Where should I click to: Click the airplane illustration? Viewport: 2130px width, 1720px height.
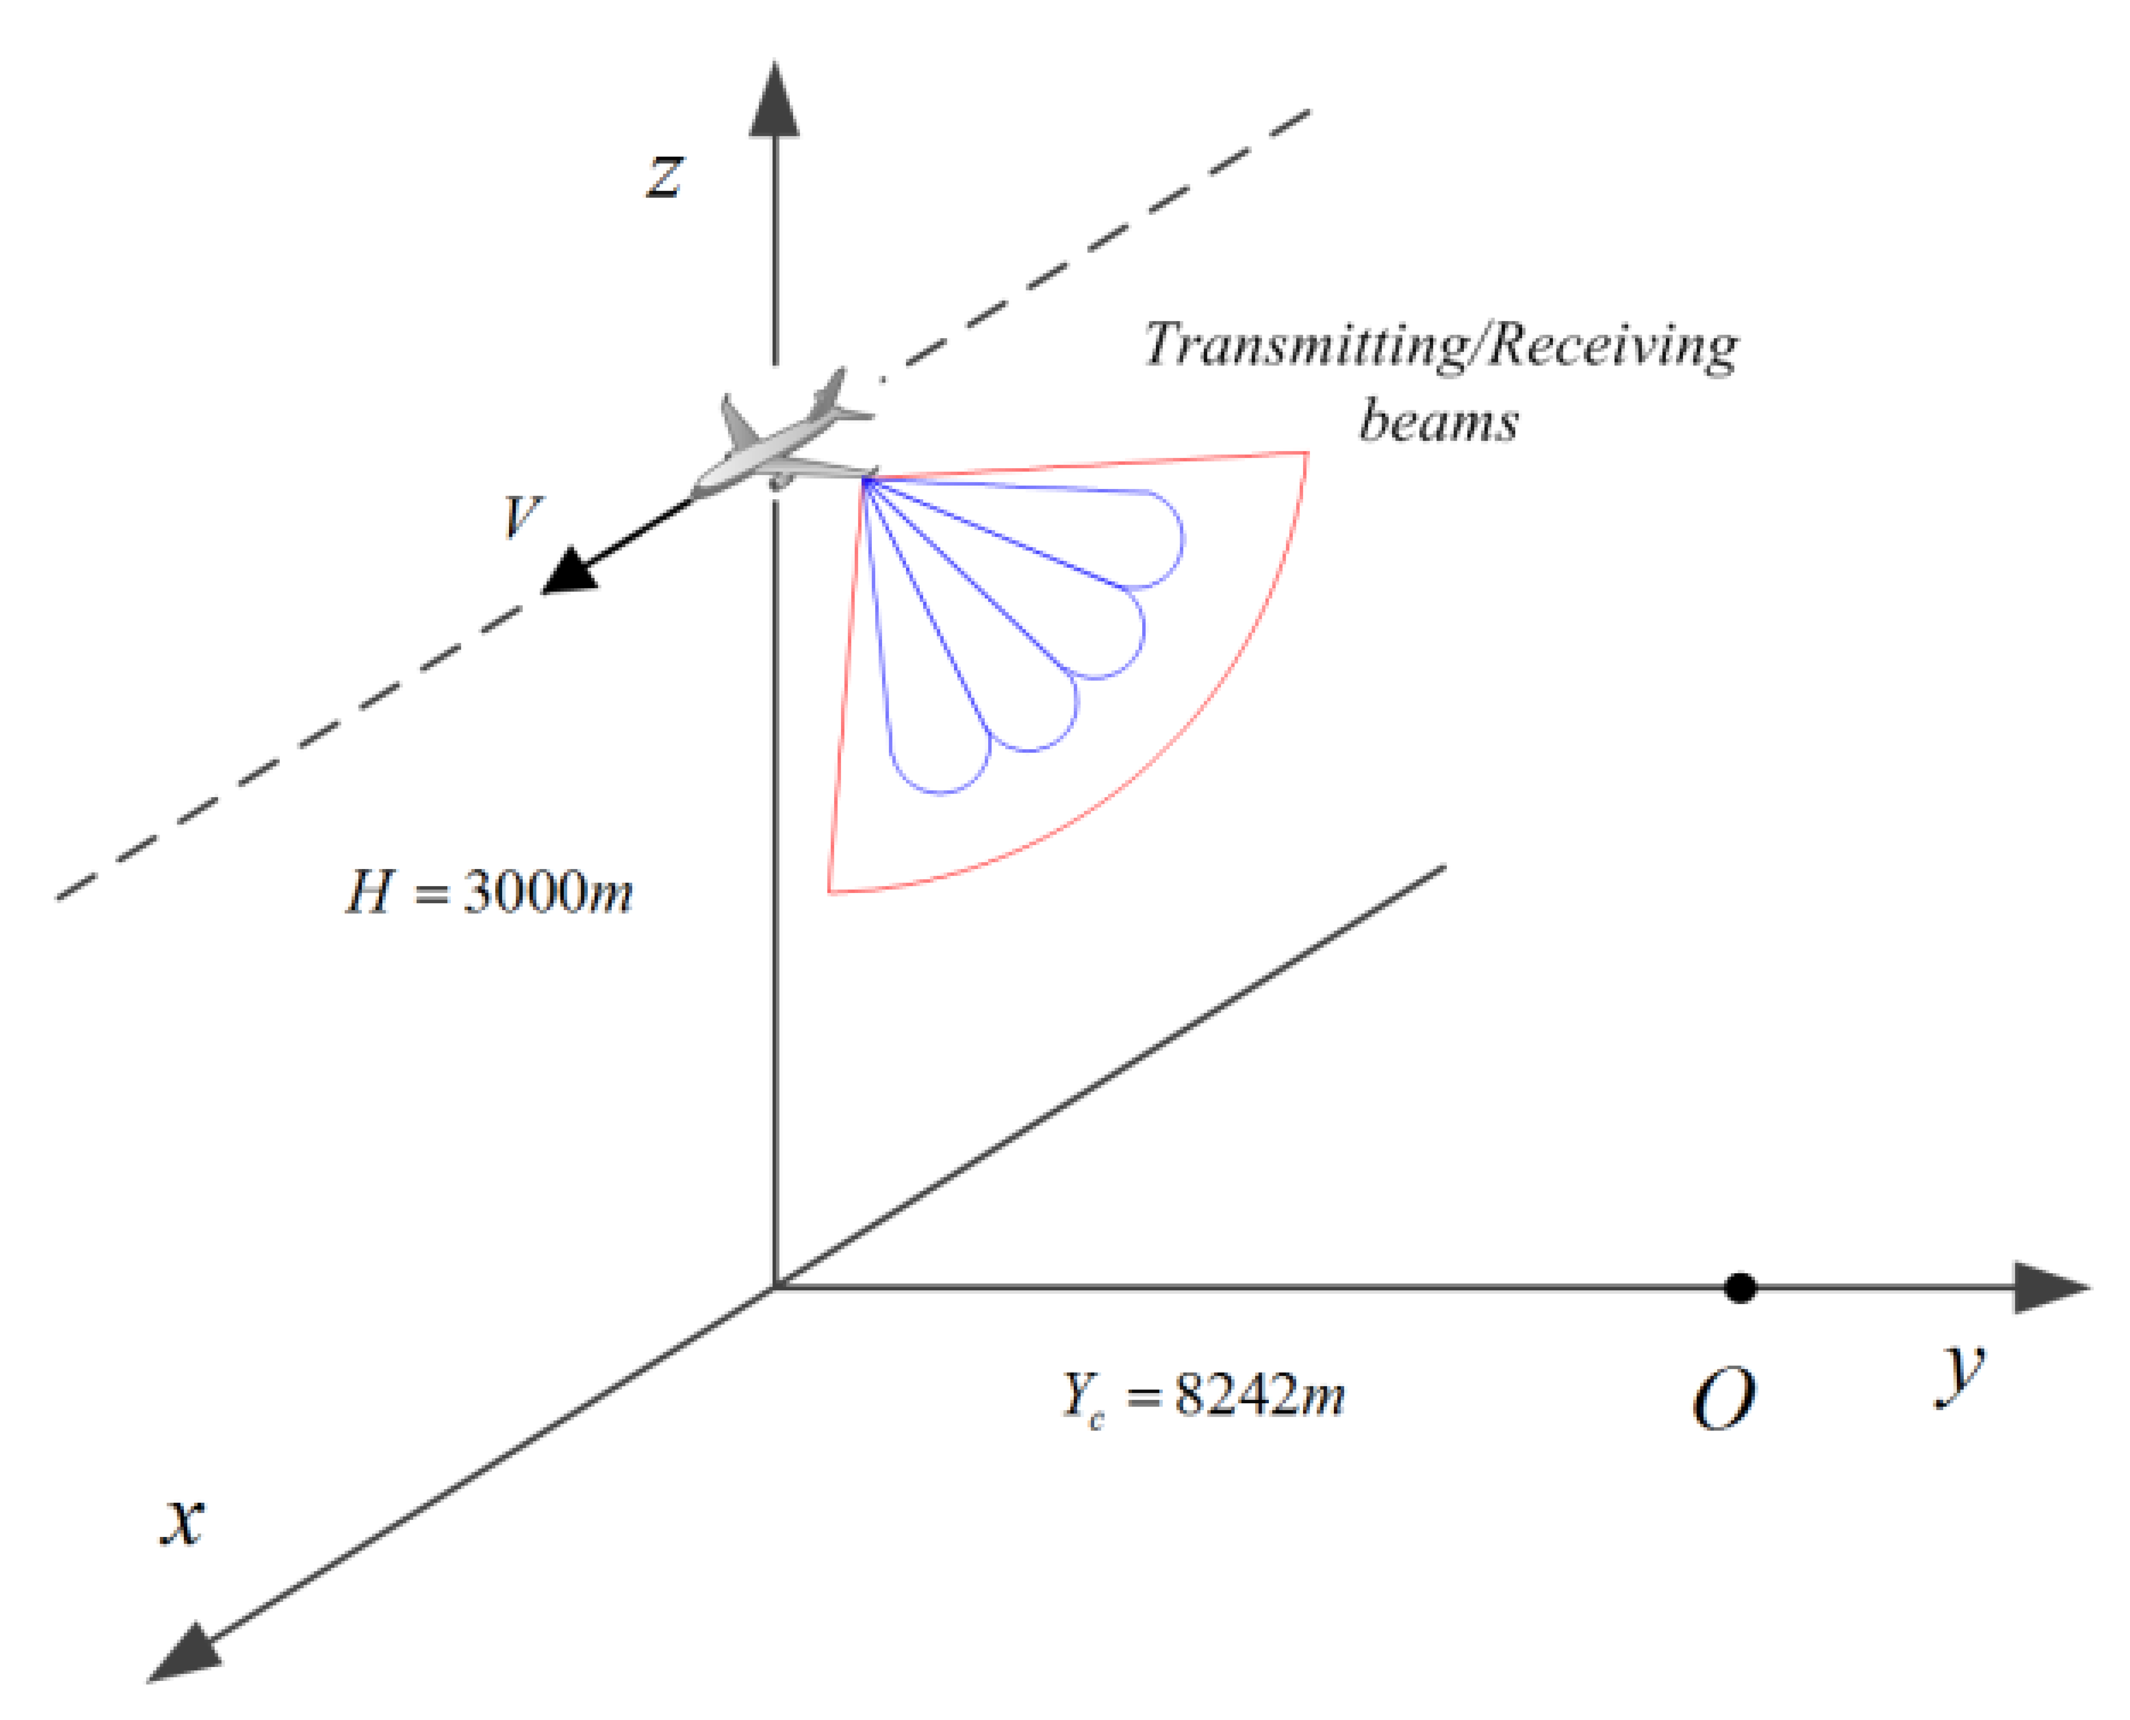click(783, 441)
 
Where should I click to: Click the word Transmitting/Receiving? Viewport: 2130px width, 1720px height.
click(1441, 347)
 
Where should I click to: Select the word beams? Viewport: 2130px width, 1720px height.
click(1438, 421)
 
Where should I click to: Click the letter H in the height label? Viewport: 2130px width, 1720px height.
click(368, 892)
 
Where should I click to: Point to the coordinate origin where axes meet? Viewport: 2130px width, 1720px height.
click(774, 1288)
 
